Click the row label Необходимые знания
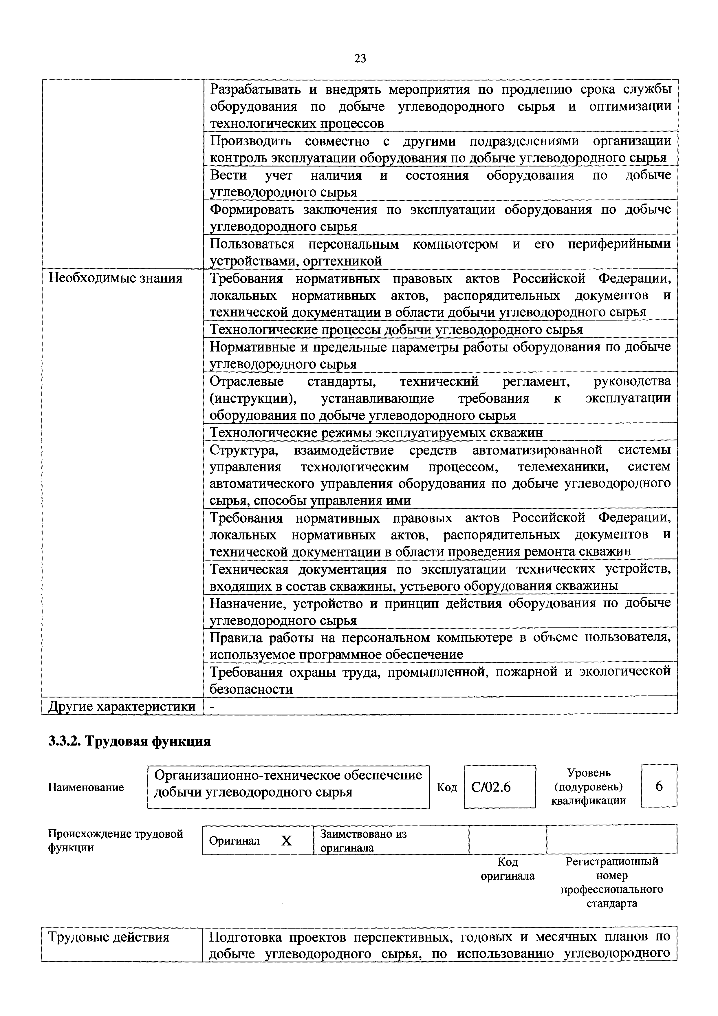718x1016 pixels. [x=116, y=278]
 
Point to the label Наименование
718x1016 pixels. [x=86, y=788]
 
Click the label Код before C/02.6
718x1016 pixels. [x=447, y=787]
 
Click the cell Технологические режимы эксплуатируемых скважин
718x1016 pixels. [x=376, y=432]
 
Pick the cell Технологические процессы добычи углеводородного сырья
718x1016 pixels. [x=396, y=330]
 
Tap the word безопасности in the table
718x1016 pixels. [x=251, y=689]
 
